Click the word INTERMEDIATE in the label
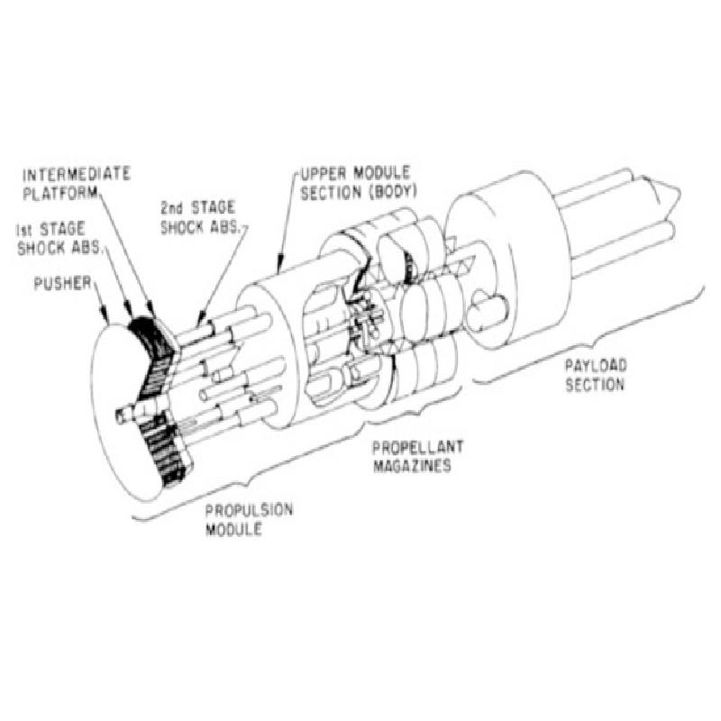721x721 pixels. pos(77,175)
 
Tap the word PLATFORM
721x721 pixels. pos(60,193)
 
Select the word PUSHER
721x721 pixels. pos(63,283)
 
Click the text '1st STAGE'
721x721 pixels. pos(50,229)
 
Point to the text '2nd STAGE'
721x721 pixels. pos(197,208)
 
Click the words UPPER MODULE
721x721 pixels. pos(355,174)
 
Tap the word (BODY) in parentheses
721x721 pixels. pos(393,192)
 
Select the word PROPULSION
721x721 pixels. pos(249,510)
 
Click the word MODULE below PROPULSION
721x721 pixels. pos(233,529)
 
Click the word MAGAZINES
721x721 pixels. pos(412,466)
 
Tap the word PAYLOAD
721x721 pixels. pos(596,366)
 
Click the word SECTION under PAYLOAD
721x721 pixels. pos(595,385)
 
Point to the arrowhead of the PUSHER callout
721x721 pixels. pos(105,318)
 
